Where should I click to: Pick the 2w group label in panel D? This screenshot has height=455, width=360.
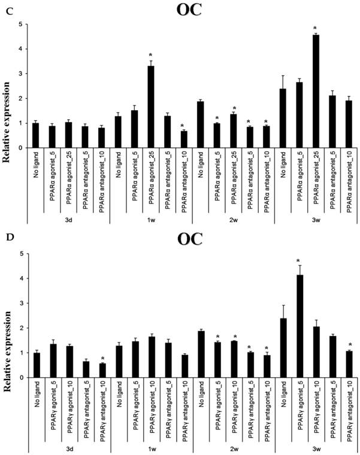pos(233,448)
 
